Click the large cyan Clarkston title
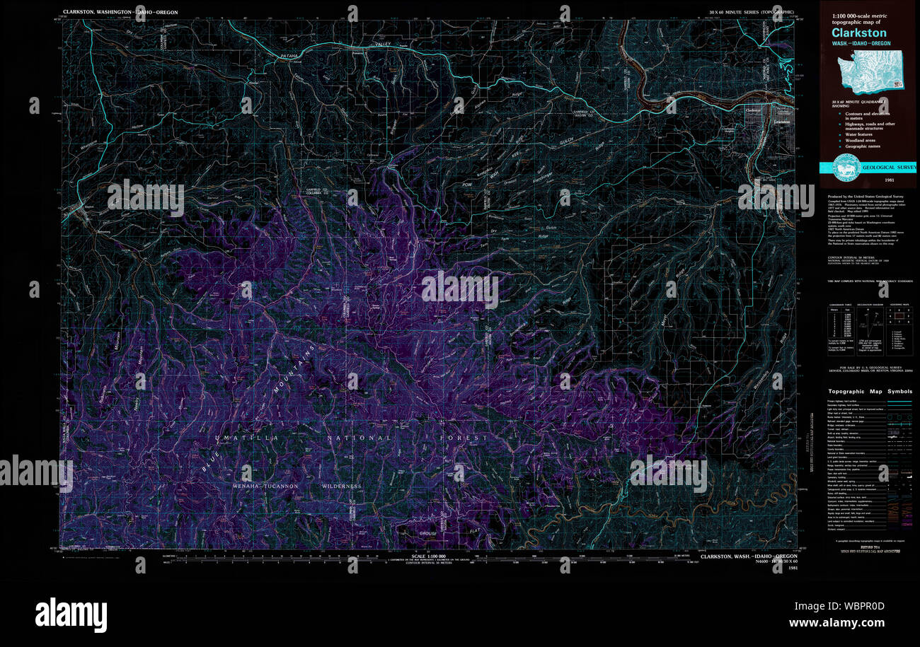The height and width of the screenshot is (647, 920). tap(858, 33)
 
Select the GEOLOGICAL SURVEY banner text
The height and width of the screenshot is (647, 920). tap(888, 168)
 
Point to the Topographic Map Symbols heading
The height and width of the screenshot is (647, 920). tap(870, 391)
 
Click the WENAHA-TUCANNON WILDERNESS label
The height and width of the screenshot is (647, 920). tap(297, 486)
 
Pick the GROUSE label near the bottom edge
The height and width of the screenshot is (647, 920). tap(429, 533)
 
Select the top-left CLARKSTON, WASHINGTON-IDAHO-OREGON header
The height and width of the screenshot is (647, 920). tap(120, 12)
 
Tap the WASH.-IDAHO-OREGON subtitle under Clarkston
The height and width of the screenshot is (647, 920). tap(861, 44)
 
